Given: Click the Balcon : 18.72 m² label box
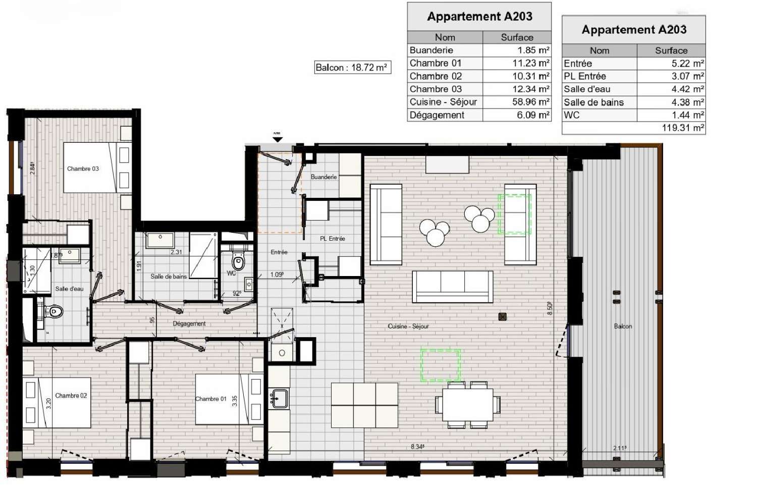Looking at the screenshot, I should click(352, 68).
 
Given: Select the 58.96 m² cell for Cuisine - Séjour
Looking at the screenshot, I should click(517, 102).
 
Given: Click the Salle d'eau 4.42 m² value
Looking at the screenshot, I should click(671, 89).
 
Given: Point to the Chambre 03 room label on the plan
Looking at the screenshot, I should click(83, 169).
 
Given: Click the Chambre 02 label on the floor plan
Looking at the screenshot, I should click(71, 396).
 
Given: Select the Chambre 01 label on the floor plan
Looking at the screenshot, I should click(211, 399).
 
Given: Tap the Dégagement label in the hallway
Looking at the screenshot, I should click(189, 324).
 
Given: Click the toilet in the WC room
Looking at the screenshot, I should click(238, 261).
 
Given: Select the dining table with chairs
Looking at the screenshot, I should click(467, 404).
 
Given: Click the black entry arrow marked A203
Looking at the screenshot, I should click(278, 139).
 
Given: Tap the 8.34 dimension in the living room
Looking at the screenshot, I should click(417, 447).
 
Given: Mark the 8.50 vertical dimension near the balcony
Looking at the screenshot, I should click(550, 308).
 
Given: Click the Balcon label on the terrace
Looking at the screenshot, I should click(623, 326).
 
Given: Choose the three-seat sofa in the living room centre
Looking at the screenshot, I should click(452, 287).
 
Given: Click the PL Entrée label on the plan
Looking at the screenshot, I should click(333, 239).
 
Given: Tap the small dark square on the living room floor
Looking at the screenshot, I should click(502, 317).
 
